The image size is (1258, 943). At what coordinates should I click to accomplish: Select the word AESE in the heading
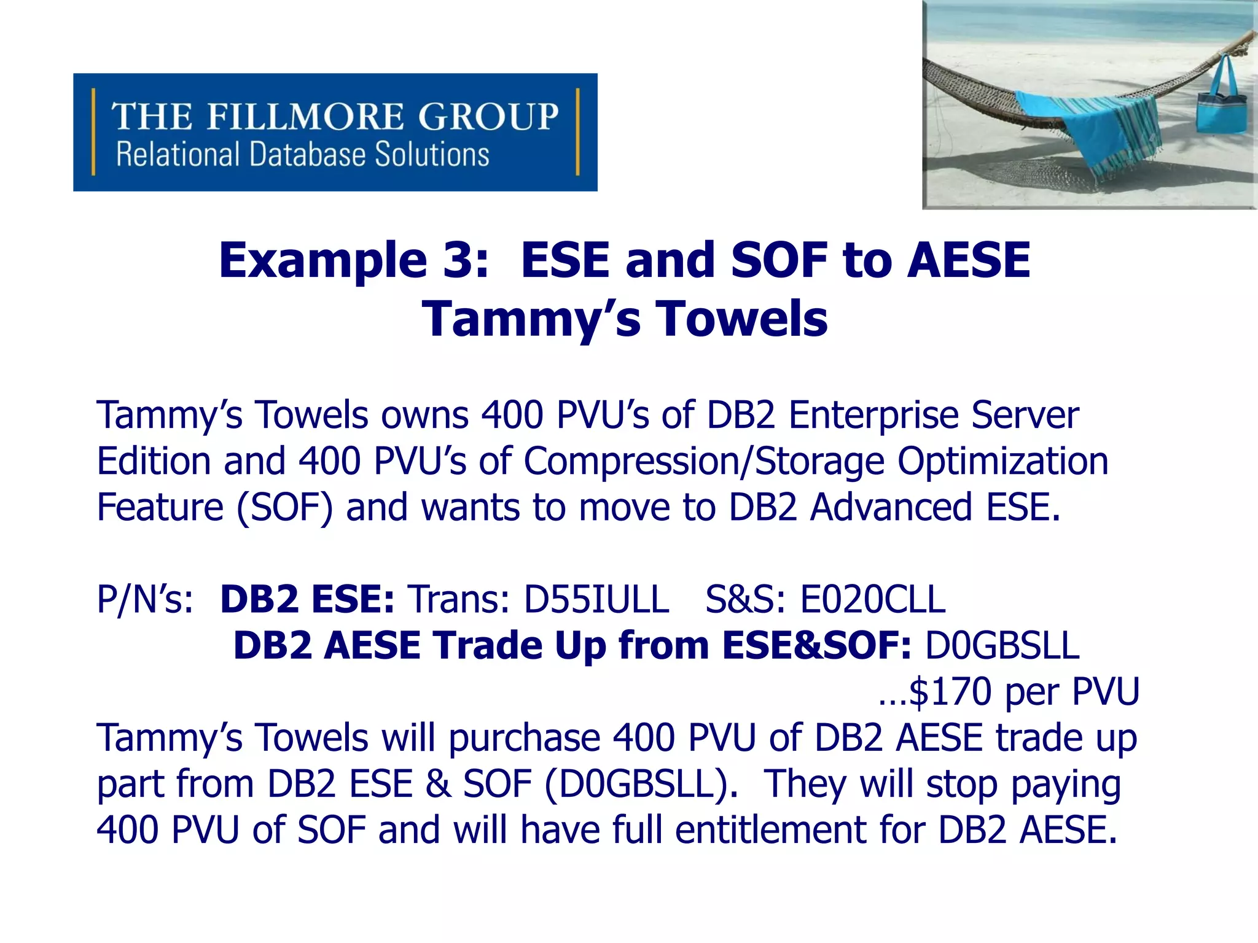coord(969,260)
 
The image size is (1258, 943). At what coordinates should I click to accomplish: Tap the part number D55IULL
coord(596,599)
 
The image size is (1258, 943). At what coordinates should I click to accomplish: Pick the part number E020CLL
coord(873,599)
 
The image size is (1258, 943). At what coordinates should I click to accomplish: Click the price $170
coord(950,691)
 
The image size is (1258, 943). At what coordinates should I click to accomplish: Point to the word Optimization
coord(1002,461)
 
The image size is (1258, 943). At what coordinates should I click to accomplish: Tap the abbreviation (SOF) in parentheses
coord(284,508)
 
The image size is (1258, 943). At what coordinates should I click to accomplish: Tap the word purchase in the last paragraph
coord(524,738)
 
